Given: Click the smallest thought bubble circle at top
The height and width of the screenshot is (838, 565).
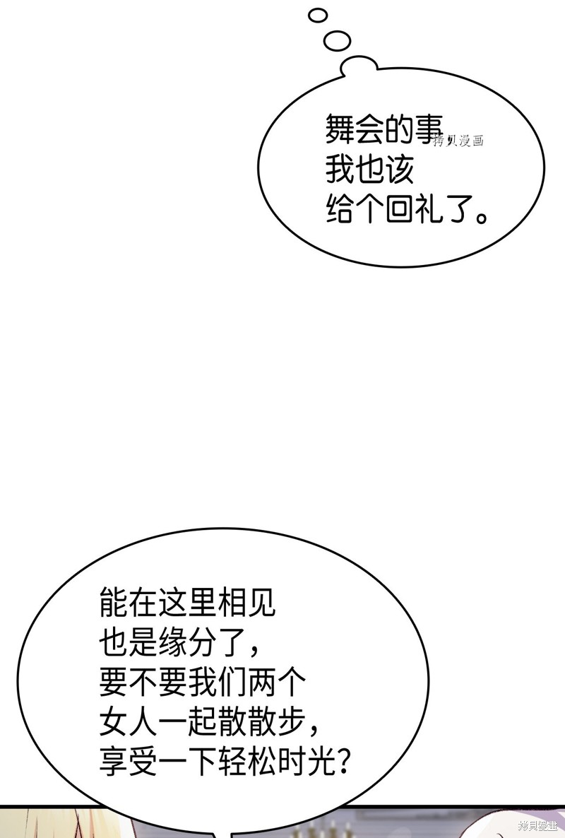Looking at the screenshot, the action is point(318,16).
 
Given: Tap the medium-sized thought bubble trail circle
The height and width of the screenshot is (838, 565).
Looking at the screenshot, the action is point(337,40).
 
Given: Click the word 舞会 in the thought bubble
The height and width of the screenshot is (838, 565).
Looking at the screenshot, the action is point(355,129).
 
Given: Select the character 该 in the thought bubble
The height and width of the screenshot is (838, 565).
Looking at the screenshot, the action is point(400,170).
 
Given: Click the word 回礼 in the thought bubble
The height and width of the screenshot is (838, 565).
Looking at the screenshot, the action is point(415,210).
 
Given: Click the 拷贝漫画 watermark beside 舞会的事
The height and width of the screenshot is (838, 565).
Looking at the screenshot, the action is point(459,141).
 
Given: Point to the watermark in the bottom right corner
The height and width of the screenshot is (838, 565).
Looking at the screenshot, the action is point(537,826).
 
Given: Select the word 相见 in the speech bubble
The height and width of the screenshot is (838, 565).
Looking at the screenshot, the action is point(245,602).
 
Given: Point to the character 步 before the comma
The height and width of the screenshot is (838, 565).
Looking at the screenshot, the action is point(290,721).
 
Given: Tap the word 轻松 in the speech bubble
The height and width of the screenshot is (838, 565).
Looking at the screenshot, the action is point(245,761).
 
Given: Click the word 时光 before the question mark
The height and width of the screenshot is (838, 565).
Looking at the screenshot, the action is point(304,761).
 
